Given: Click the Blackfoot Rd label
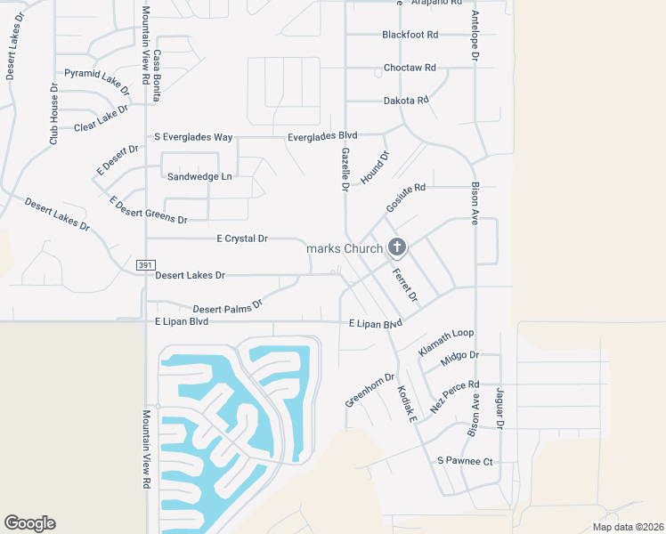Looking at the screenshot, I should point(410,35).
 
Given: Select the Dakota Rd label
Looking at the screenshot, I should point(406,101).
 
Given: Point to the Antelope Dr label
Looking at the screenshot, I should point(475,36).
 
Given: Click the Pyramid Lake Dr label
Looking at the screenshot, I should point(97,80).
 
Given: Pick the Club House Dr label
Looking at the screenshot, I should point(53,115).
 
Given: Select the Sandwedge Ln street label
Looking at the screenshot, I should point(199,176).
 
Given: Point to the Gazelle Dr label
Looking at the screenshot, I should point(345,169).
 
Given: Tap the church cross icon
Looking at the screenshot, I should point(397,247).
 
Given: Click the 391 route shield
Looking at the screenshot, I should point(146,265).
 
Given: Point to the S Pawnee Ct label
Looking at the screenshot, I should point(465,461).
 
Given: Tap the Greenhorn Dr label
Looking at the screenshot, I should point(370,391).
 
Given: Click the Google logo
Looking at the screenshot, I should point(29,523).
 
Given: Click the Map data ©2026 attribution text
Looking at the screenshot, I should point(627,527).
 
